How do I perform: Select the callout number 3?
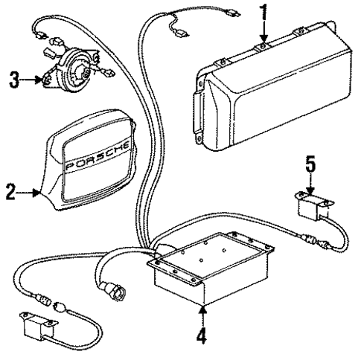[x=13, y=77]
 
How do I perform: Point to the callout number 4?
[x=201, y=335]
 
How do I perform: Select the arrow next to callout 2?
[x=31, y=194]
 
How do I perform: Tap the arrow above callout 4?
[x=201, y=312]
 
